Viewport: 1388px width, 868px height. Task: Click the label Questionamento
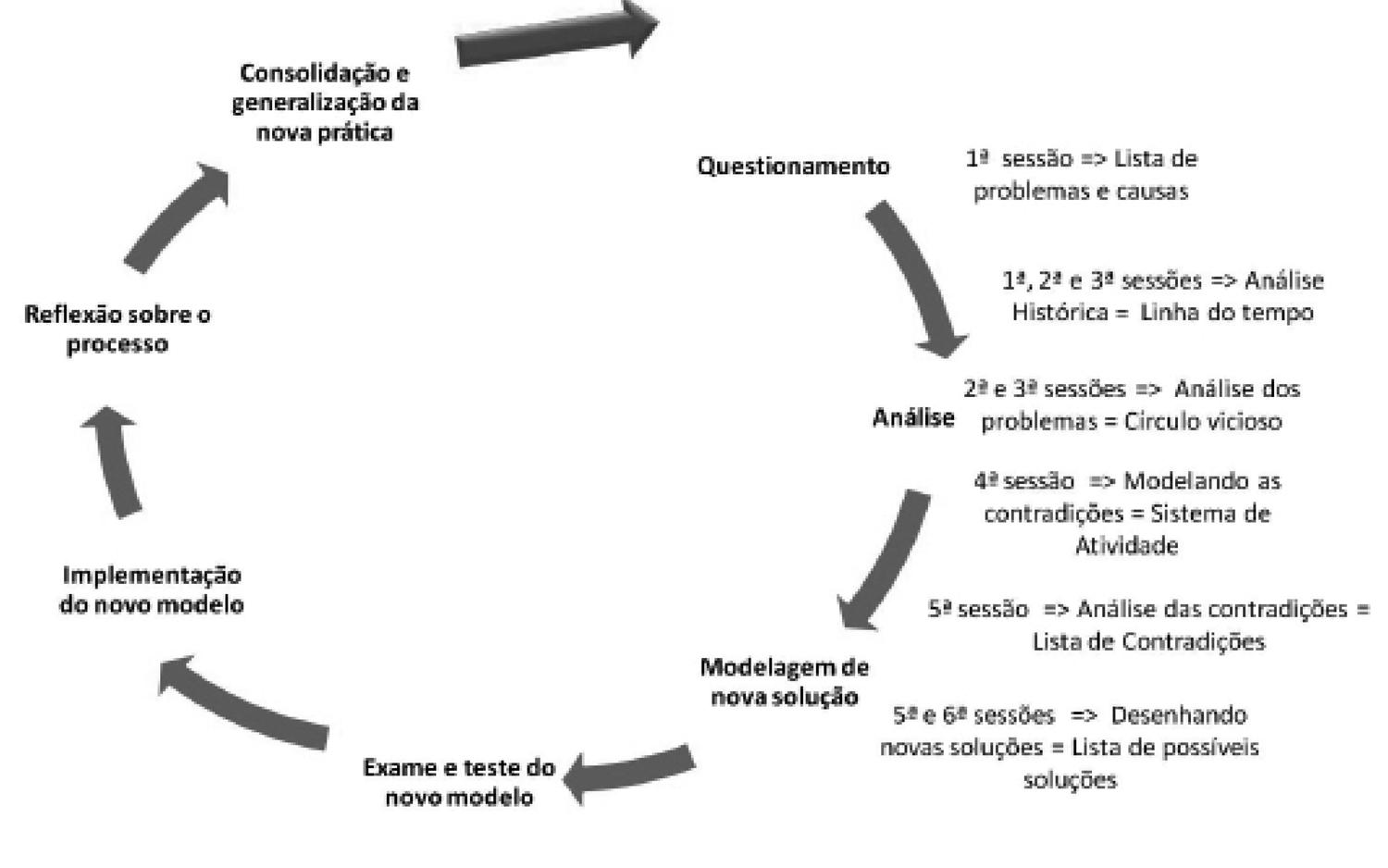pyautogui.click(x=793, y=167)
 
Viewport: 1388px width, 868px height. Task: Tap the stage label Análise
pyautogui.click(x=913, y=418)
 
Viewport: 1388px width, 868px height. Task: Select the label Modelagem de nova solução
pyautogui.click(x=785, y=682)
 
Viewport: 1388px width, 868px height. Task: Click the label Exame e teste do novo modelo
pyautogui.click(x=459, y=782)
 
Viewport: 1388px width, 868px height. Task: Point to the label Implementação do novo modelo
pyautogui.click(x=152, y=589)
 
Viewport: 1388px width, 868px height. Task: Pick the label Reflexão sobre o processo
pyautogui.click(x=118, y=329)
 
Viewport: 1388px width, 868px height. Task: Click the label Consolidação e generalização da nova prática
pyautogui.click(x=325, y=102)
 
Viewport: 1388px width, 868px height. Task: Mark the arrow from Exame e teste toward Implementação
pyautogui.click(x=241, y=703)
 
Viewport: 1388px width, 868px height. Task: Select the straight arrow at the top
pyautogui.click(x=555, y=37)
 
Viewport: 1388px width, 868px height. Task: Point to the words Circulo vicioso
pyautogui.click(x=1203, y=422)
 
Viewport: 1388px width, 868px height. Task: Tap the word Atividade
pyautogui.click(x=1126, y=546)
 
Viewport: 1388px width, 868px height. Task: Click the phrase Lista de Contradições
pyautogui.click(x=1148, y=641)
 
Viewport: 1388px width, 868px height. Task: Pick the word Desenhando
pyautogui.click(x=1178, y=715)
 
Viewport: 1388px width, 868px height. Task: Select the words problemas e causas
pyautogui.click(x=1081, y=192)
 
